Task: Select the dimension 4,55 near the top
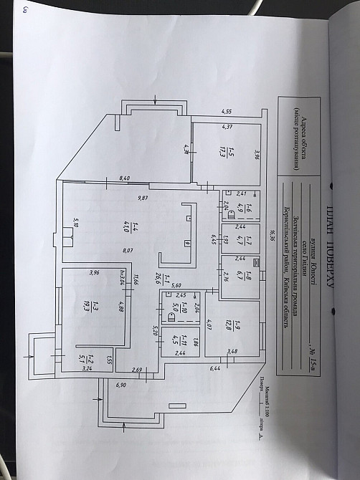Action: pyautogui.click(x=227, y=112)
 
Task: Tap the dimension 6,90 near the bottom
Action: pyautogui.click(x=120, y=385)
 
